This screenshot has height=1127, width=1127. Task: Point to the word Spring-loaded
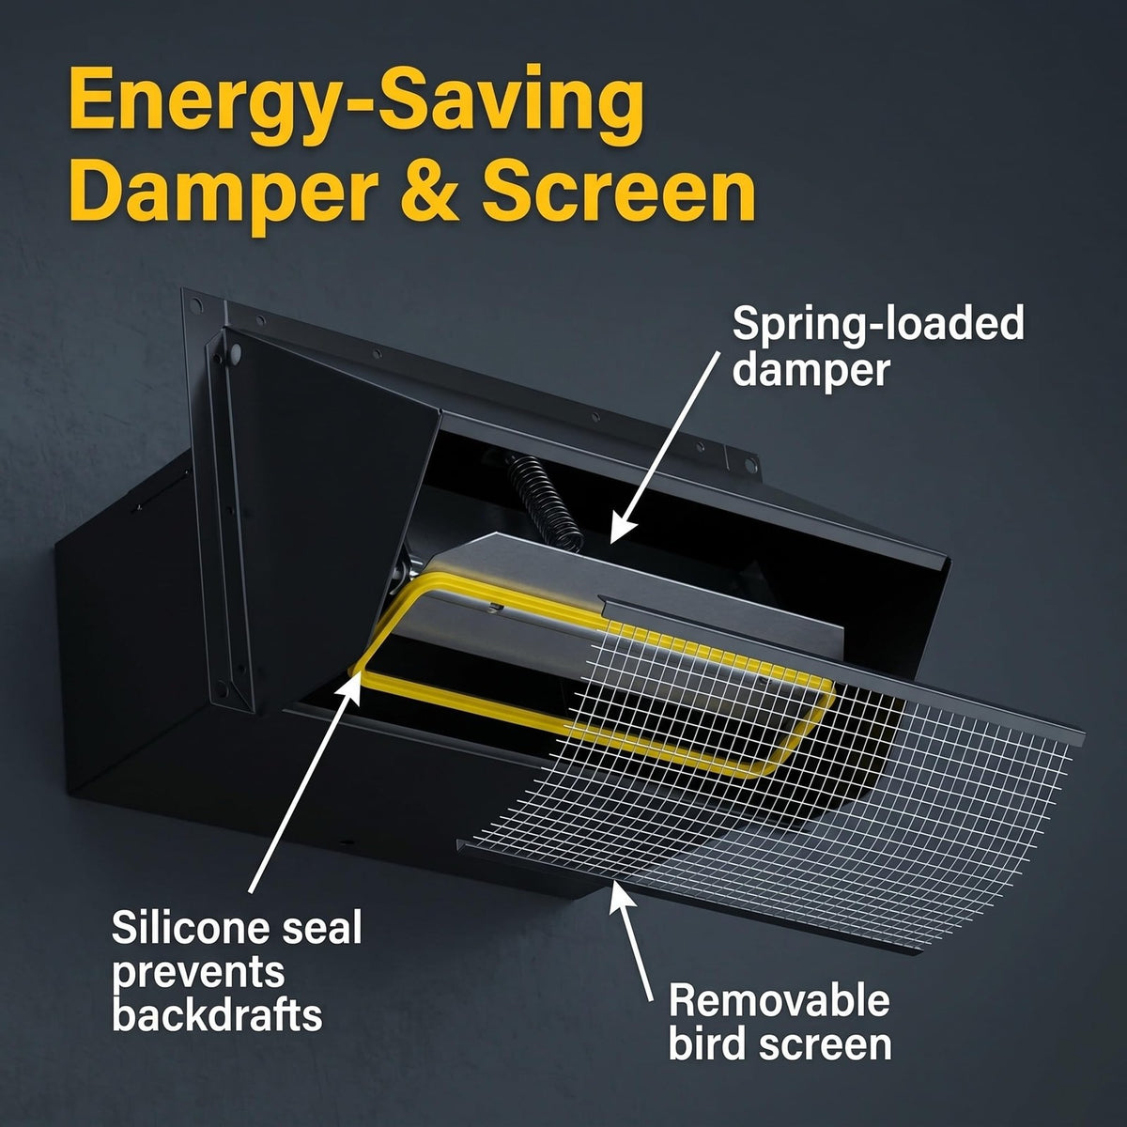click(878, 325)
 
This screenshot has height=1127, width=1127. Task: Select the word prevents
click(198, 974)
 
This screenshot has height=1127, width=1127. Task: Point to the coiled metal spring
click(545, 504)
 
